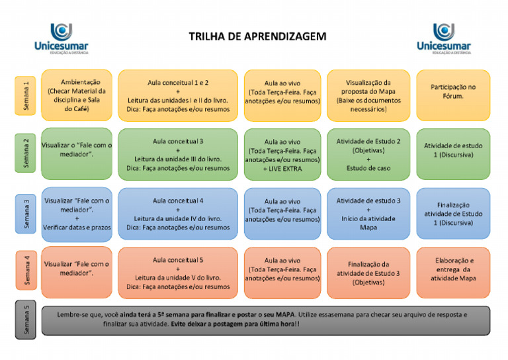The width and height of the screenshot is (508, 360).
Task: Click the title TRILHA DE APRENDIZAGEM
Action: [x=257, y=36]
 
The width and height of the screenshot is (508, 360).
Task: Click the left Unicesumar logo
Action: [x=61, y=38]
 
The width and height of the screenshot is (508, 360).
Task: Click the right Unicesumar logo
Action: [x=443, y=38]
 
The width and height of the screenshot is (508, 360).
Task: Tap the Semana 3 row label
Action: [x=25, y=213]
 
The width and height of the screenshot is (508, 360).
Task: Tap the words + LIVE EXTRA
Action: [x=282, y=169]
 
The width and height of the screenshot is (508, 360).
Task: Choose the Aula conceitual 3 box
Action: [x=178, y=154]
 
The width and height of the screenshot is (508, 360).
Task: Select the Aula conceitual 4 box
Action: [x=178, y=214]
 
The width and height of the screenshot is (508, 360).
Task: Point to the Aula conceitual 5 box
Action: [x=178, y=273]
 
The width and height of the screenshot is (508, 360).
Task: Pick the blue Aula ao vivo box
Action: [x=282, y=210]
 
